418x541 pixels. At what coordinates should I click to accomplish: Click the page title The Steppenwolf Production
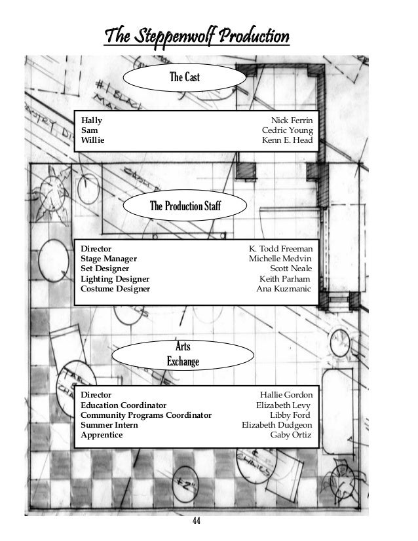(x=197, y=35)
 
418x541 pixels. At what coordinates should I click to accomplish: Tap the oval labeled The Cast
(x=184, y=78)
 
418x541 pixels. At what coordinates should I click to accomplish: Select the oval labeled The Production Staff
(x=185, y=206)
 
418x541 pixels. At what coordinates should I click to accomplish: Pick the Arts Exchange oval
(x=183, y=353)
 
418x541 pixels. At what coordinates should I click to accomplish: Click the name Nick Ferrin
(x=292, y=121)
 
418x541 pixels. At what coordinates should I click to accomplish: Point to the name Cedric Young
(x=287, y=130)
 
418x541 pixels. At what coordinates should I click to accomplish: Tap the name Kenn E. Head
(x=287, y=140)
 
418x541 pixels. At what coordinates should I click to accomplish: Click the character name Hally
(x=91, y=121)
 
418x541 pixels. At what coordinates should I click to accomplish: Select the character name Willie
(x=92, y=140)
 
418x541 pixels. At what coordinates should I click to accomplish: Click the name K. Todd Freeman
(x=280, y=249)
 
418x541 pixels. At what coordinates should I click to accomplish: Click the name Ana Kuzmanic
(x=284, y=288)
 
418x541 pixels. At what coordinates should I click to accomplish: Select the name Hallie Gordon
(x=286, y=395)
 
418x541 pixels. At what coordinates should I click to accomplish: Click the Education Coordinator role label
(x=123, y=405)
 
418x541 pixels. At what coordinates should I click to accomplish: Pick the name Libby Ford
(x=291, y=415)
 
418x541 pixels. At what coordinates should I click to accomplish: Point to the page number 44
(x=196, y=521)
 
